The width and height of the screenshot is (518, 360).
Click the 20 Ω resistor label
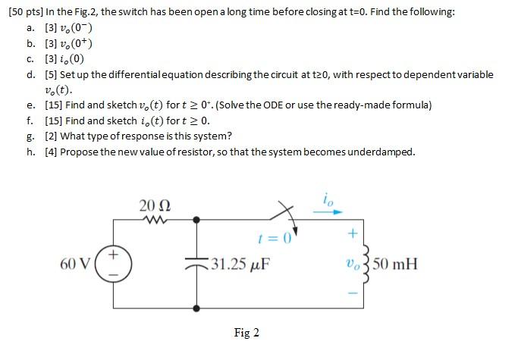(x=155, y=205)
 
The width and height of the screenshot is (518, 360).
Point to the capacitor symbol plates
(x=197, y=262)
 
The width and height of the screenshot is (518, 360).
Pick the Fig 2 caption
(x=246, y=333)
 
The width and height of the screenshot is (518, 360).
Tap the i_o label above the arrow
(x=327, y=200)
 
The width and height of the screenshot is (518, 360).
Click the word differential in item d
(x=141, y=74)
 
